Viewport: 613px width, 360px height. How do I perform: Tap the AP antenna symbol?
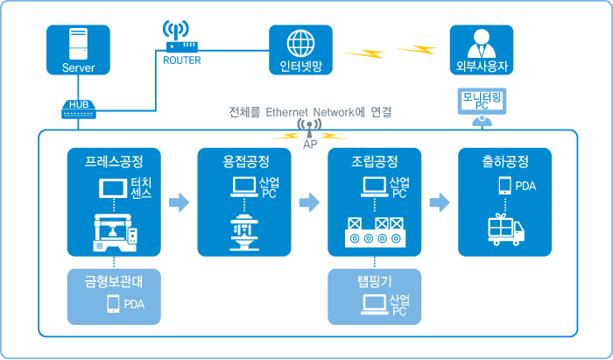308,131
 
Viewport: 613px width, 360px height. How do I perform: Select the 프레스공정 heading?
114,162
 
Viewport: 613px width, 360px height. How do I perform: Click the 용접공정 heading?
245,162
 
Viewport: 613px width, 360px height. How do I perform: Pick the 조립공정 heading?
374,162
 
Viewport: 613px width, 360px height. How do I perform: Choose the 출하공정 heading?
505,162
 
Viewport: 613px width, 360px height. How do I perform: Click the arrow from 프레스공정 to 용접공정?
179,203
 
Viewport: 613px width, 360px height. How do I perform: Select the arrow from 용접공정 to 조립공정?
309,203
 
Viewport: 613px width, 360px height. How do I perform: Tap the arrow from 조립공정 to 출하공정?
439,203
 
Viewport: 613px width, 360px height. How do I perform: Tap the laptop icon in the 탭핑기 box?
375,305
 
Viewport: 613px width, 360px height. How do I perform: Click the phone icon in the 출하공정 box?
504,186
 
